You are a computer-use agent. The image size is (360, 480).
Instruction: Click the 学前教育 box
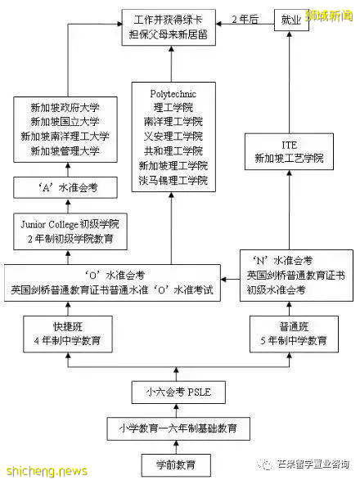point(178,464)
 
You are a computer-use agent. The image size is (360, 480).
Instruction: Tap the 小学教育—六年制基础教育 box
point(178,428)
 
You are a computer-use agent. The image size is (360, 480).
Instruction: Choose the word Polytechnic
point(173,93)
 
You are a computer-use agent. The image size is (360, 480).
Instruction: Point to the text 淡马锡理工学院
point(173,179)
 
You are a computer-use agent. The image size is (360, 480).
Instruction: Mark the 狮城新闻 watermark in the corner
point(331,14)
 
